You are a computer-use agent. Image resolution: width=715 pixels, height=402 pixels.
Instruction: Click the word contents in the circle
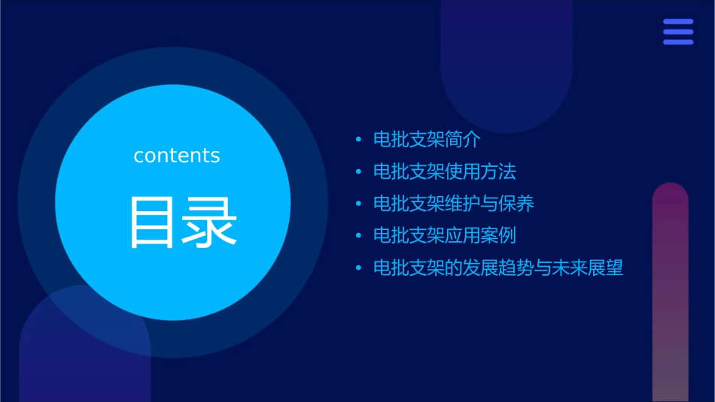pyautogui.click(x=177, y=156)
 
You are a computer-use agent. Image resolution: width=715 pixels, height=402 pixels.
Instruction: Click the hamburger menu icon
pyautogui.click(x=677, y=32)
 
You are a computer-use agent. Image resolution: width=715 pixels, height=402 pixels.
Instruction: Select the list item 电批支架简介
pyautogui.click(x=427, y=140)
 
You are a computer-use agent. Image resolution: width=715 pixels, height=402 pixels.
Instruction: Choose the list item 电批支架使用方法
pyautogui.click(x=445, y=171)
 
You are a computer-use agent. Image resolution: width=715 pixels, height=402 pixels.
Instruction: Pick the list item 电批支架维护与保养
pyautogui.click(x=454, y=204)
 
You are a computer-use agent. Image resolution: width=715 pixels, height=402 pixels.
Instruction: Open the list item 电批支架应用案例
pyautogui.click(x=445, y=235)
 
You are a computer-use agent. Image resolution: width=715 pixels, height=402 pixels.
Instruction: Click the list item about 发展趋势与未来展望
pyautogui.click(x=498, y=267)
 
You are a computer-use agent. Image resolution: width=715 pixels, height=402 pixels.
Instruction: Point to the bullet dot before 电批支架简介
pyautogui.click(x=358, y=140)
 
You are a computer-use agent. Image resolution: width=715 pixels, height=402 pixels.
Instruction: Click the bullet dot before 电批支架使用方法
pyautogui.click(x=358, y=172)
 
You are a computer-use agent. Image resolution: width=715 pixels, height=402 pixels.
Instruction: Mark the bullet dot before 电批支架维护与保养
pyautogui.click(x=358, y=204)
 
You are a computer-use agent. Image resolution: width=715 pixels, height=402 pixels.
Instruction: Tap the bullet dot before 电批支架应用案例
pyautogui.click(x=358, y=236)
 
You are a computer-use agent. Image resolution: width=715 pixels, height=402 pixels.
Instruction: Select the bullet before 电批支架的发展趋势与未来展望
pyautogui.click(x=358, y=267)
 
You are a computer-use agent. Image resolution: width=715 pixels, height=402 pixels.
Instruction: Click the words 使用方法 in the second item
pyautogui.click(x=481, y=171)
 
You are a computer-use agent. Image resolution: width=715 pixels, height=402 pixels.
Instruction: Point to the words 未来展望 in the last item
pyautogui.click(x=588, y=267)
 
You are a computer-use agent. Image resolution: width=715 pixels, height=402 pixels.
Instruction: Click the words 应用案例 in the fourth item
pyautogui.click(x=481, y=235)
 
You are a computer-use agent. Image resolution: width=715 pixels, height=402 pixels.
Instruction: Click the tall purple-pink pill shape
pyautogui.click(x=670, y=293)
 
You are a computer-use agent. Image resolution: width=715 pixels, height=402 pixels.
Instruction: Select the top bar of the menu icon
pyautogui.click(x=677, y=22)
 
